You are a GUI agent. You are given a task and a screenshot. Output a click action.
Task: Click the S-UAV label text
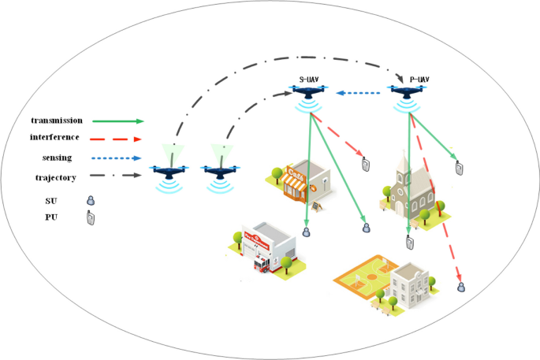click(309, 79)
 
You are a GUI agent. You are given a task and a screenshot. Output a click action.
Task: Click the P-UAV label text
click(423, 79)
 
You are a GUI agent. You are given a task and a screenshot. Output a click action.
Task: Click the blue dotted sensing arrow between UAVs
click(363, 94)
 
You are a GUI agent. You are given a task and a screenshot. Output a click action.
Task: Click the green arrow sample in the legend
click(117, 121)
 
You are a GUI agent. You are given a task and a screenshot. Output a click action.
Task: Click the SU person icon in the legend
click(91, 200)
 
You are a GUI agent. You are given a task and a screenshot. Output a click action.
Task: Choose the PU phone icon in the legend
click(91, 218)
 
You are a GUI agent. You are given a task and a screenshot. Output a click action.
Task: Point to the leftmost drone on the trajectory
click(166, 171)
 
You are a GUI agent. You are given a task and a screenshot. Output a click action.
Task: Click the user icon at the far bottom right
click(463, 288)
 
